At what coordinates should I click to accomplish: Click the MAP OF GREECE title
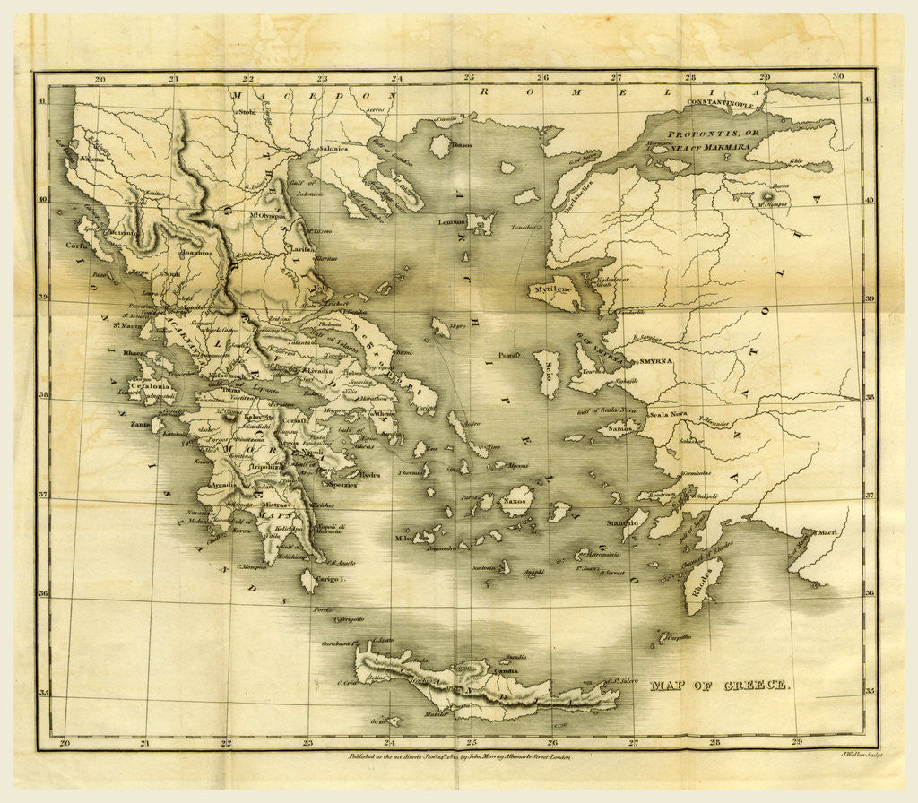pyautogui.click(x=719, y=685)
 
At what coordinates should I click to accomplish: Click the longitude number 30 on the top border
pyautogui.click(x=837, y=78)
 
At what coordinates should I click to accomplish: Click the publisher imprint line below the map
pyautogui.click(x=459, y=756)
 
